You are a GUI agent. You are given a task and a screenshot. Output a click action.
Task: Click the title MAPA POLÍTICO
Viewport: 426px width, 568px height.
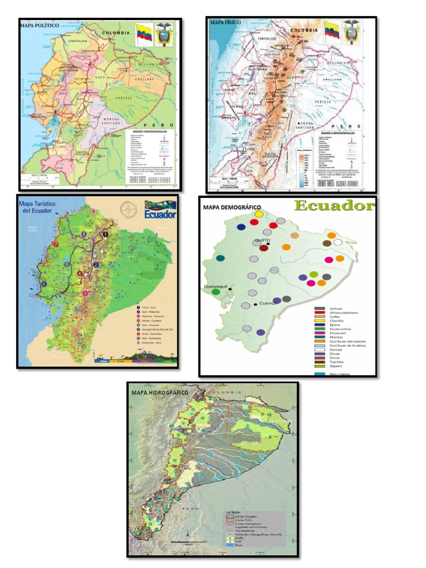tap(42, 26)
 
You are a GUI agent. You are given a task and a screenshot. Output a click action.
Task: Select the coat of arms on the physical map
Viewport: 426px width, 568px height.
tap(351, 33)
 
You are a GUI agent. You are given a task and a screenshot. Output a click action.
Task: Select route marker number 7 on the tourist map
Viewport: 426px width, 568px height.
tap(55, 245)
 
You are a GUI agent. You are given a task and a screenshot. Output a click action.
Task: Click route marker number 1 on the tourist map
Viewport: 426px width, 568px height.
tap(105, 235)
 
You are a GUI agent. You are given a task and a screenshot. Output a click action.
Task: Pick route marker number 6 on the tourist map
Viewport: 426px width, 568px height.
tap(44, 284)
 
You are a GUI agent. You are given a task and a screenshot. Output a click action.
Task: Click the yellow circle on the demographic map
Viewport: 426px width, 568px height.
tap(258, 214)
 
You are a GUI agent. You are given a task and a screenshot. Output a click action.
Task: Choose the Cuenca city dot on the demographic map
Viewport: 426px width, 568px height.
tap(255, 304)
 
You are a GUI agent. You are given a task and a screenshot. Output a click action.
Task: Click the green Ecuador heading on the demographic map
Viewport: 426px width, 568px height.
tap(334, 206)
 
